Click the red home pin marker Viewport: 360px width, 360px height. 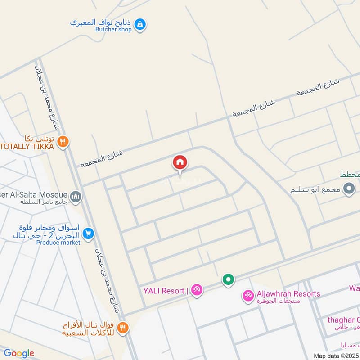click(x=180, y=163)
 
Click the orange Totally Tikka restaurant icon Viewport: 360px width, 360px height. click(x=63, y=141)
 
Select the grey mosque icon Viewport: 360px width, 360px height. click(x=76, y=196)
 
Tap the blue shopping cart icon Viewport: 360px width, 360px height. click(x=89, y=233)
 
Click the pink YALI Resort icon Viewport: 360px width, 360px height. click(x=197, y=290)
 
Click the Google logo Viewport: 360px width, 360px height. click(x=19, y=353)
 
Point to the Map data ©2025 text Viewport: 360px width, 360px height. click(x=336, y=356)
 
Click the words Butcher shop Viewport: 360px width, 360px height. click(x=113, y=30)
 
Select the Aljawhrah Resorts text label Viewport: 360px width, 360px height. click(x=288, y=294)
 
